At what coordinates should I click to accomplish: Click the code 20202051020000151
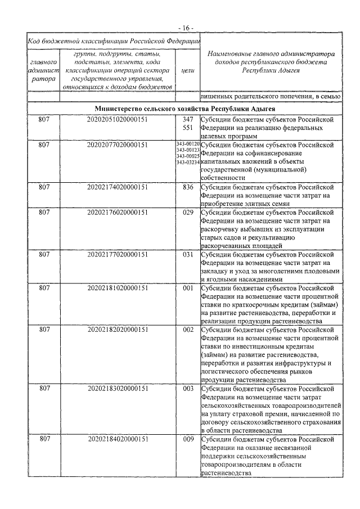click(118, 120)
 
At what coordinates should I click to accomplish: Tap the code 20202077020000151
click(118, 145)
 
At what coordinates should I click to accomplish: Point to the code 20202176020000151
click(118, 213)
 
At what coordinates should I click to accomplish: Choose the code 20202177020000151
click(118, 254)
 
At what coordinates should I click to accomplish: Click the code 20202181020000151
click(118, 288)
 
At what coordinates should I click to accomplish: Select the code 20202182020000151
click(118, 330)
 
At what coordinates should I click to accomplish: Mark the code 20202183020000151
click(118, 389)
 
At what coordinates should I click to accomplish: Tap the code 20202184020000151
click(118, 439)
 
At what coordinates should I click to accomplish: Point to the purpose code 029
click(188, 213)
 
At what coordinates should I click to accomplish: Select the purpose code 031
click(188, 254)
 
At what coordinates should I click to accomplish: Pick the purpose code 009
click(188, 439)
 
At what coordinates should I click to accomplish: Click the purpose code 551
click(188, 128)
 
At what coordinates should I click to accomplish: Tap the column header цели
click(188, 71)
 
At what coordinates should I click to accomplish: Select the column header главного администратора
click(42, 71)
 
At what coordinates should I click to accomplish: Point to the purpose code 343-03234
click(188, 162)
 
